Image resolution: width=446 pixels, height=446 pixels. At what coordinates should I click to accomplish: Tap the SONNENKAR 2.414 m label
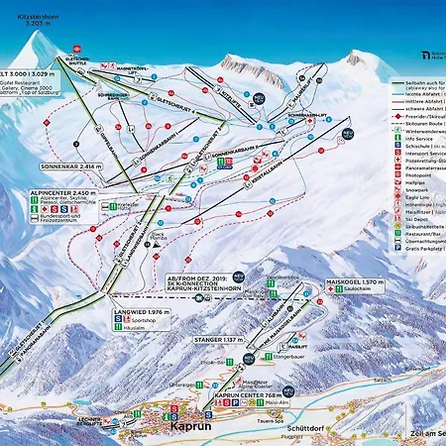point(72,168)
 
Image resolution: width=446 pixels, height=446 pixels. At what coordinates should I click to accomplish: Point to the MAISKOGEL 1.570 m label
point(354,282)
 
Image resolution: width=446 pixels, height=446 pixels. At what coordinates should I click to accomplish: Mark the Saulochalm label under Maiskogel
point(359,293)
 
